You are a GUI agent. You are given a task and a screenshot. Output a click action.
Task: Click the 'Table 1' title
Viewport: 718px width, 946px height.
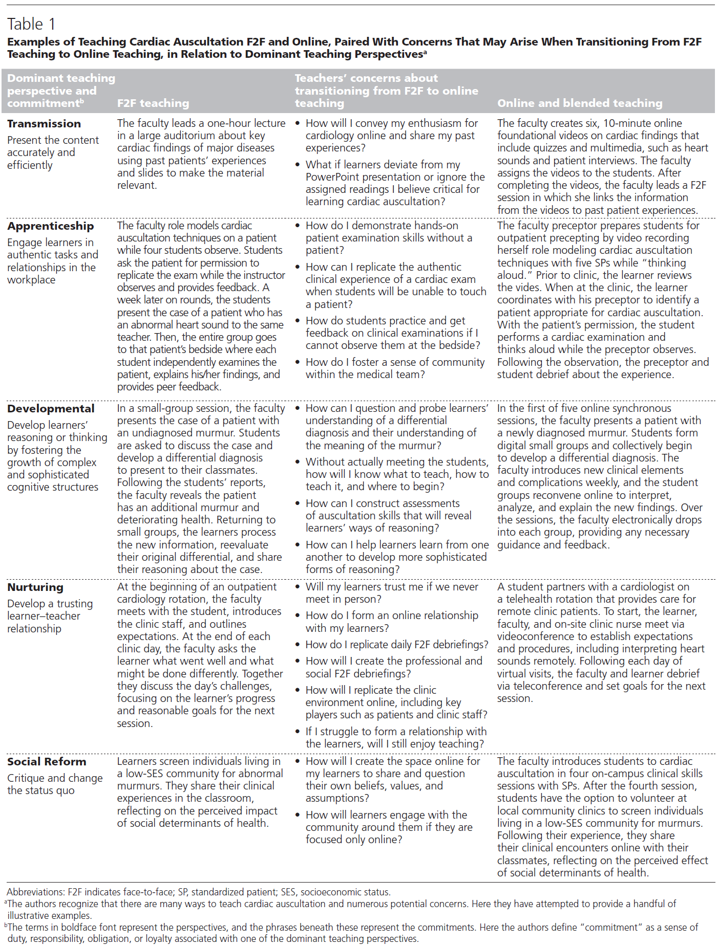(31, 24)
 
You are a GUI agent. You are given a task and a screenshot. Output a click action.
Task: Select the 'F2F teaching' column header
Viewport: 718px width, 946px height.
(153, 103)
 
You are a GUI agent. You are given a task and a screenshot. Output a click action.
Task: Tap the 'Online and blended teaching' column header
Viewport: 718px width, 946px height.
(579, 103)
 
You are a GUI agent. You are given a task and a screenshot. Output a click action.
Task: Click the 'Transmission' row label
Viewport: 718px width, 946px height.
(44, 124)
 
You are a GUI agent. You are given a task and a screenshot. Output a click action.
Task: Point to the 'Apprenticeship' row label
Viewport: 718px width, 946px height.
(50, 226)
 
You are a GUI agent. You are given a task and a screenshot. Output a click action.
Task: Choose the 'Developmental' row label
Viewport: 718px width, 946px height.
(51, 409)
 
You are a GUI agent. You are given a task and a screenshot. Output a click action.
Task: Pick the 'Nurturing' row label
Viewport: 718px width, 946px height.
(35, 587)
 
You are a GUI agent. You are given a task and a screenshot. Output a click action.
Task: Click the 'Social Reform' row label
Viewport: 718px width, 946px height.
(47, 762)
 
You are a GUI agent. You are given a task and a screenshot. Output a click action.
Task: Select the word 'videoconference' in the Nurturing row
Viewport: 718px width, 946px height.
(534, 636)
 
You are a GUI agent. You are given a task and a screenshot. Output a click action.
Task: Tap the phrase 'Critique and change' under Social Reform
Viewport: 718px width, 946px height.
(55, 778)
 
